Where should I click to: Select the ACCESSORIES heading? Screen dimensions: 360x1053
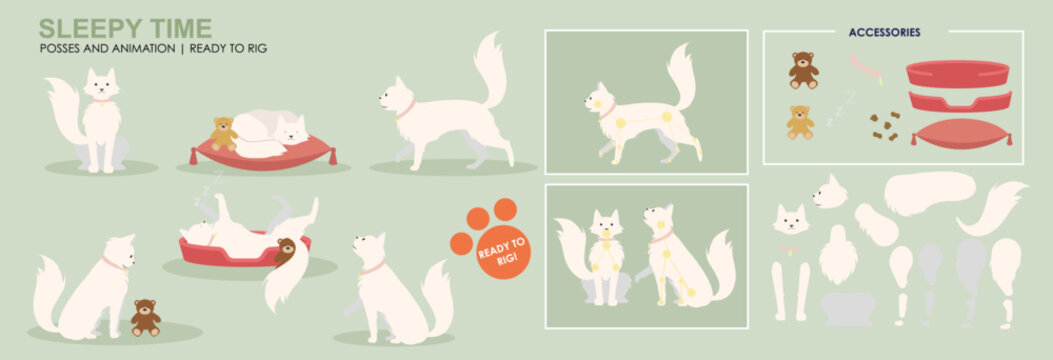(884, 32)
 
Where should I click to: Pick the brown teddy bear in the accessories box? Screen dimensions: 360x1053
(802, 70)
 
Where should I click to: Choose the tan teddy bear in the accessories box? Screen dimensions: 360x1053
(799, 122)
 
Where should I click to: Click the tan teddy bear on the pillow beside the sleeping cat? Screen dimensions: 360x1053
(222, 133)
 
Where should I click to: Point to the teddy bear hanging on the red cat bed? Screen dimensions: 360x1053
(286, 250)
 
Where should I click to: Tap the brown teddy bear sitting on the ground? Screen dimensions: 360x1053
(146, 316)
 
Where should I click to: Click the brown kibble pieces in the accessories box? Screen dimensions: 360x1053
(884, 125)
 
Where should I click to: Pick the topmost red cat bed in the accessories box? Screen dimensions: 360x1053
(957, 73)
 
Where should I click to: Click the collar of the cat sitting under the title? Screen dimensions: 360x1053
(100, 100)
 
